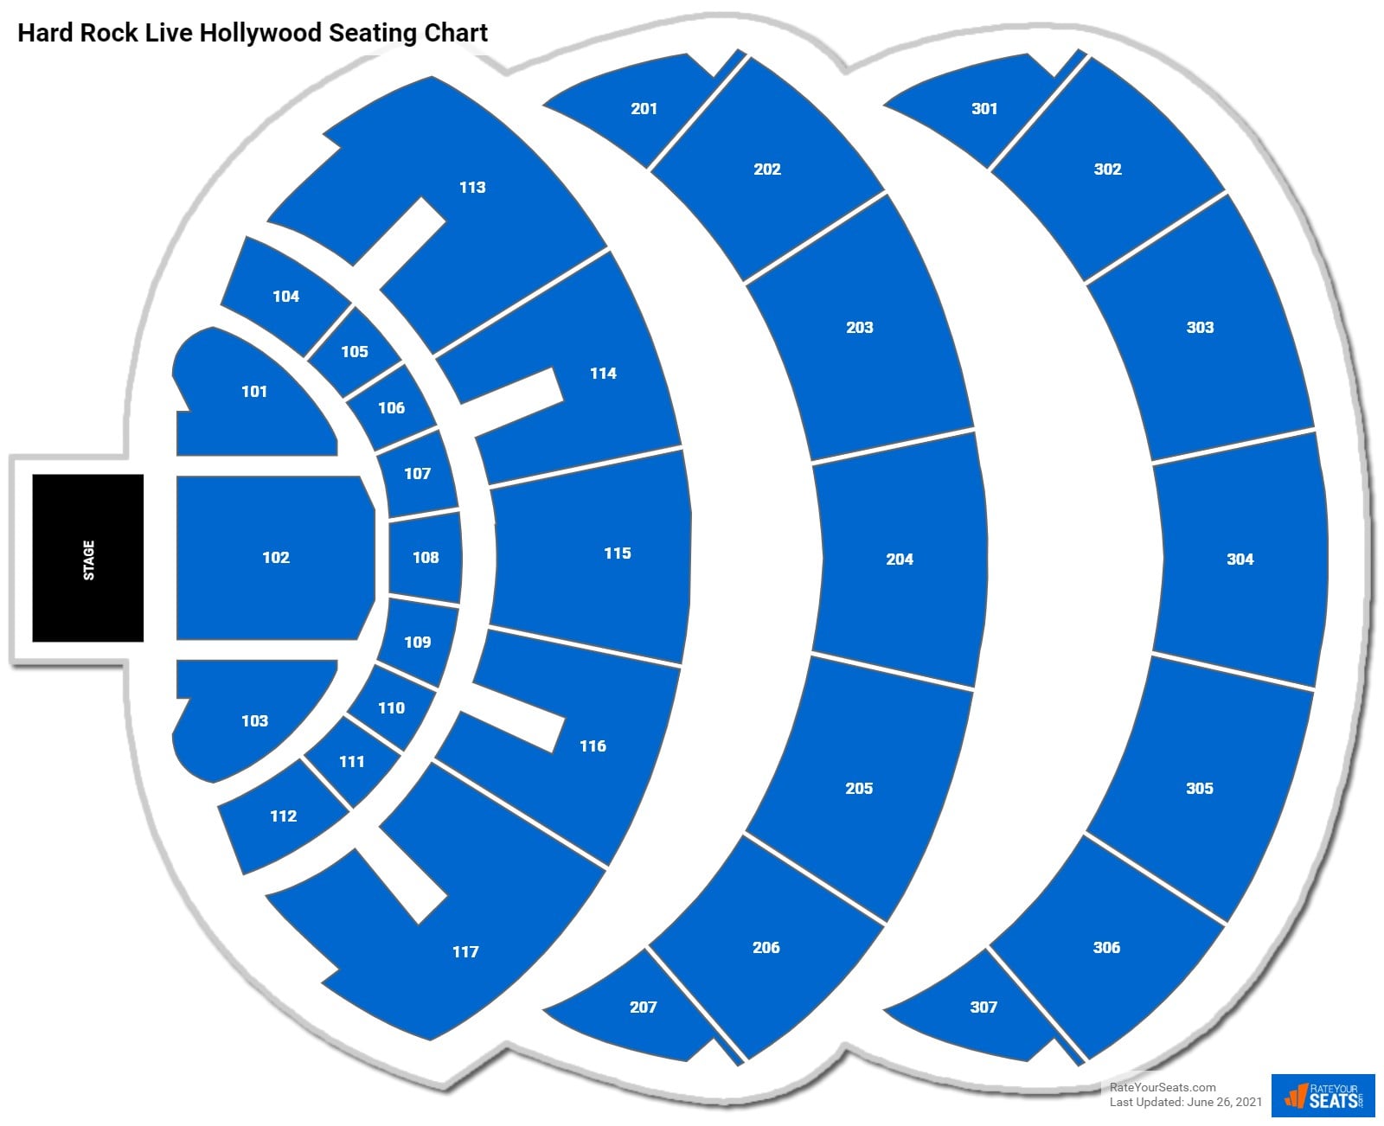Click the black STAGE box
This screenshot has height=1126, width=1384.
coord(87,558)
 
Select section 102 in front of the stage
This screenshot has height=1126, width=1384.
coord(275,558)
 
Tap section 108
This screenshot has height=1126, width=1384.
coord(425,558)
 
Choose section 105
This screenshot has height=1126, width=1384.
coord(355,351)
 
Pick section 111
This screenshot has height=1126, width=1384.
coord(352,762)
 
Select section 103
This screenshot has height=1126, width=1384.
coord(254,720)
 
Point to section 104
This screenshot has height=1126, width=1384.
coord(285,297)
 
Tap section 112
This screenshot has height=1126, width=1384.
coord(283,816)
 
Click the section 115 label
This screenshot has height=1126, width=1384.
coord(617,553)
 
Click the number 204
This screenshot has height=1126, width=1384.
coord(900,560)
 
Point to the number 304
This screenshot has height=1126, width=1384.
coord(1240,560)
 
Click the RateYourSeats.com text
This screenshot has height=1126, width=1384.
coord(1163,1087)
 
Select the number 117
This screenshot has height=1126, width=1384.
coord(465,952)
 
